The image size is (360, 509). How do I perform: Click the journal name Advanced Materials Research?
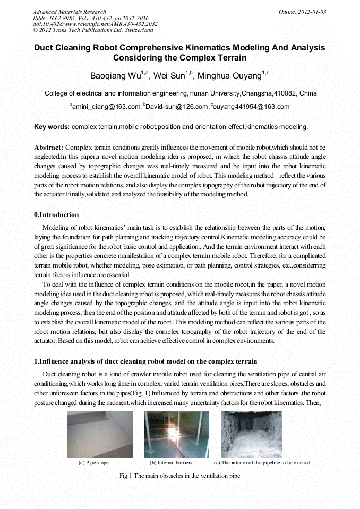tap(69, 12)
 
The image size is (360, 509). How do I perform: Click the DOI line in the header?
tap(95, 24)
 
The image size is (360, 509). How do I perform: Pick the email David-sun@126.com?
tap(175, 107)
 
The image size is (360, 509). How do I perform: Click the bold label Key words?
tap(52, 127)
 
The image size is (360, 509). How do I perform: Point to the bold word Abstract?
tap(49, 146)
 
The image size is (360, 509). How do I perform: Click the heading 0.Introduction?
tap(56, 215)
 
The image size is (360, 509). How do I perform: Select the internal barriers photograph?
tap(176, 434)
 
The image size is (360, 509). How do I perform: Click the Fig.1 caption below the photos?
tap(179, 476)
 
